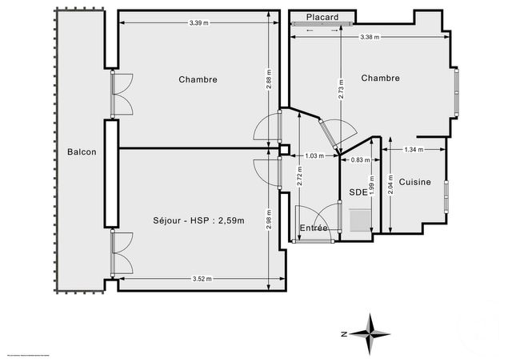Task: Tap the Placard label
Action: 322,17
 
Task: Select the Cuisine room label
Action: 414,182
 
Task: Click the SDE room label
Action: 358,192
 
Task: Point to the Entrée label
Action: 314,228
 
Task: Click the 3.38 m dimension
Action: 370,38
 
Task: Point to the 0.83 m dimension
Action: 362,160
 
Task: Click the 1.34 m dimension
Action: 414,150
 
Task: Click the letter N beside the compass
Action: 342,333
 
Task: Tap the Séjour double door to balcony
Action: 122,252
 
